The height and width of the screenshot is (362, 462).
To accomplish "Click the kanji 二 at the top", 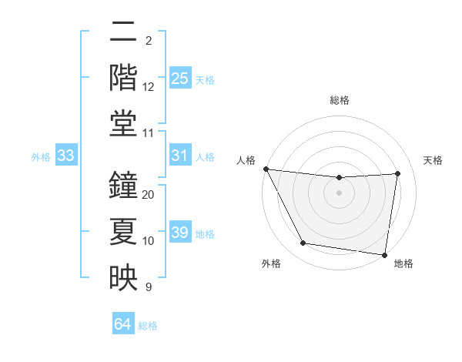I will coord(124,33).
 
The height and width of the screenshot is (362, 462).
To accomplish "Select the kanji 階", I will coord(124,77).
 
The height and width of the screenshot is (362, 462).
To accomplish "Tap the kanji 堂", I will coord(124,123).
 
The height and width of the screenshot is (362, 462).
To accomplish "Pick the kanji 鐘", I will coord(124,184).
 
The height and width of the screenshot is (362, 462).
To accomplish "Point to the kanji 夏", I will coord(124,230).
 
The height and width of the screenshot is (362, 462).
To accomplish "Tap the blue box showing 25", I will coord(179,78).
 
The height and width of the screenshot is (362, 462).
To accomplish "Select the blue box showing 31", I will coord(179,156).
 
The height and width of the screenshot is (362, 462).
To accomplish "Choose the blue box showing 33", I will coord(66,156).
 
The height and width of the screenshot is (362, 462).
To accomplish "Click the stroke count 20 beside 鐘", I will coord(149,195).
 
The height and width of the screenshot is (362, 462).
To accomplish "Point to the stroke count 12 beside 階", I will coord(149,87).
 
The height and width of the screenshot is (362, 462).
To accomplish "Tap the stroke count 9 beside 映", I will coord(149,287).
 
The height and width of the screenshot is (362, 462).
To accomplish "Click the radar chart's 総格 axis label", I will coord(339,100).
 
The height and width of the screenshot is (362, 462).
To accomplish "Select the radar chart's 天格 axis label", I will coord(434,160).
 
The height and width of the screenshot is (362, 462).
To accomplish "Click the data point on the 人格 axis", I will coord(266,169).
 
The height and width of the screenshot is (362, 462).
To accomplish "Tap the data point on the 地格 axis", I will coord(384,254).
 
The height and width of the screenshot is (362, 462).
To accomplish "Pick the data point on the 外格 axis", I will coord(303,243).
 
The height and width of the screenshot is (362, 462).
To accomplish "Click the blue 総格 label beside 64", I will coord(148,325).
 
